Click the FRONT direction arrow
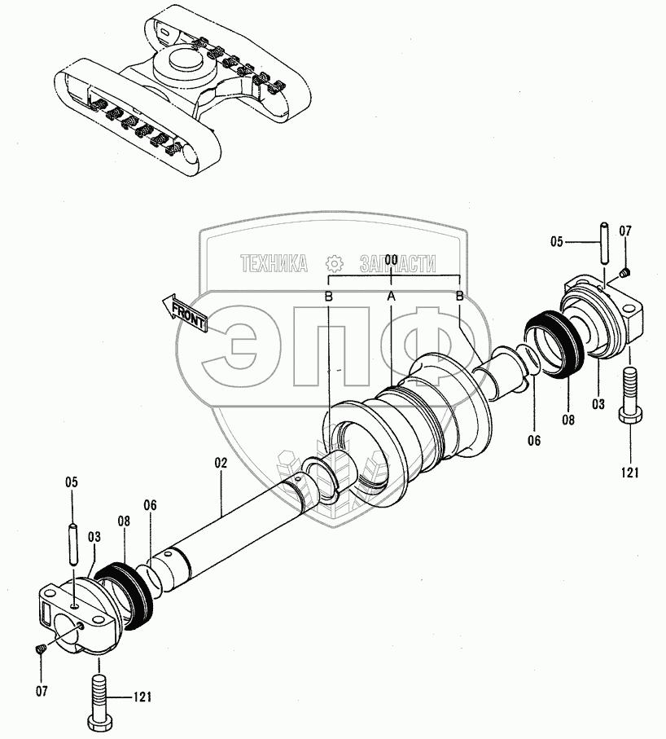pos(186,313)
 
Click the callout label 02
pos(220,462)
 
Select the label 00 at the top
pos(391,259)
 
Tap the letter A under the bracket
pos(391,297)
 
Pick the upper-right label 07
pos(625,231)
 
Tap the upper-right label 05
pos(557,241)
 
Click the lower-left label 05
pos(71,482)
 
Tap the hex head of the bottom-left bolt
pos(98,721)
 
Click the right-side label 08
pos(567,420)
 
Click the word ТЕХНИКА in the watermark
pos(274,264)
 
